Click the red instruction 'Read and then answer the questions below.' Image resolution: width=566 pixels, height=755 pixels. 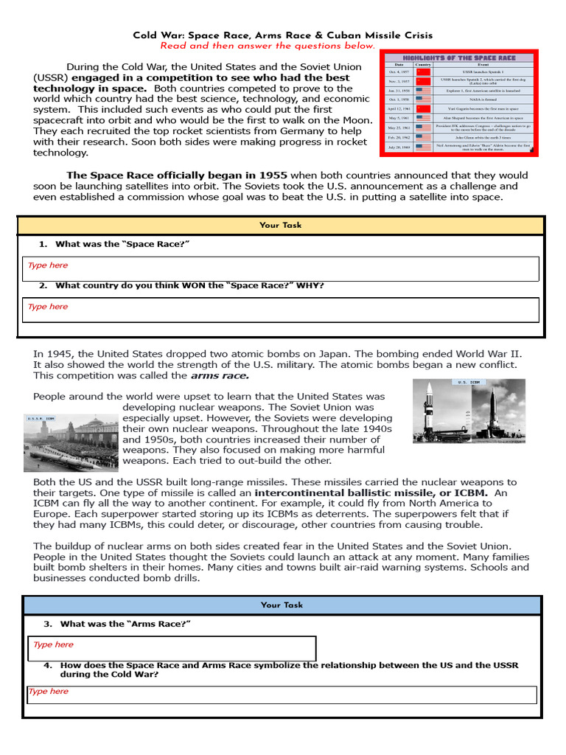(268, 46)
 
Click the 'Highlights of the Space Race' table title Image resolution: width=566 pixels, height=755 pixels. (458, 58)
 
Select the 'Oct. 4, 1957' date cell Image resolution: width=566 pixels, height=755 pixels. (398, 72)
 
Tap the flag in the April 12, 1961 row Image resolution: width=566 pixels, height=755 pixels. (423, 108)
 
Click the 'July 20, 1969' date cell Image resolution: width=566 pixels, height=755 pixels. (398, 147)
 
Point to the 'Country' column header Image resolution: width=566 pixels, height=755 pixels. (423, 65)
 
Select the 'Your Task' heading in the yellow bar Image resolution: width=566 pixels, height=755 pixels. (280, 225)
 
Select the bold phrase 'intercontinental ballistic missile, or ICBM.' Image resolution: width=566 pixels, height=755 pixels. (372, 493)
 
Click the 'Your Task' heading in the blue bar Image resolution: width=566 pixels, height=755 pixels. (282, 605)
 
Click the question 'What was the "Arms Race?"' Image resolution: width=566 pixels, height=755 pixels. (125, 624)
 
